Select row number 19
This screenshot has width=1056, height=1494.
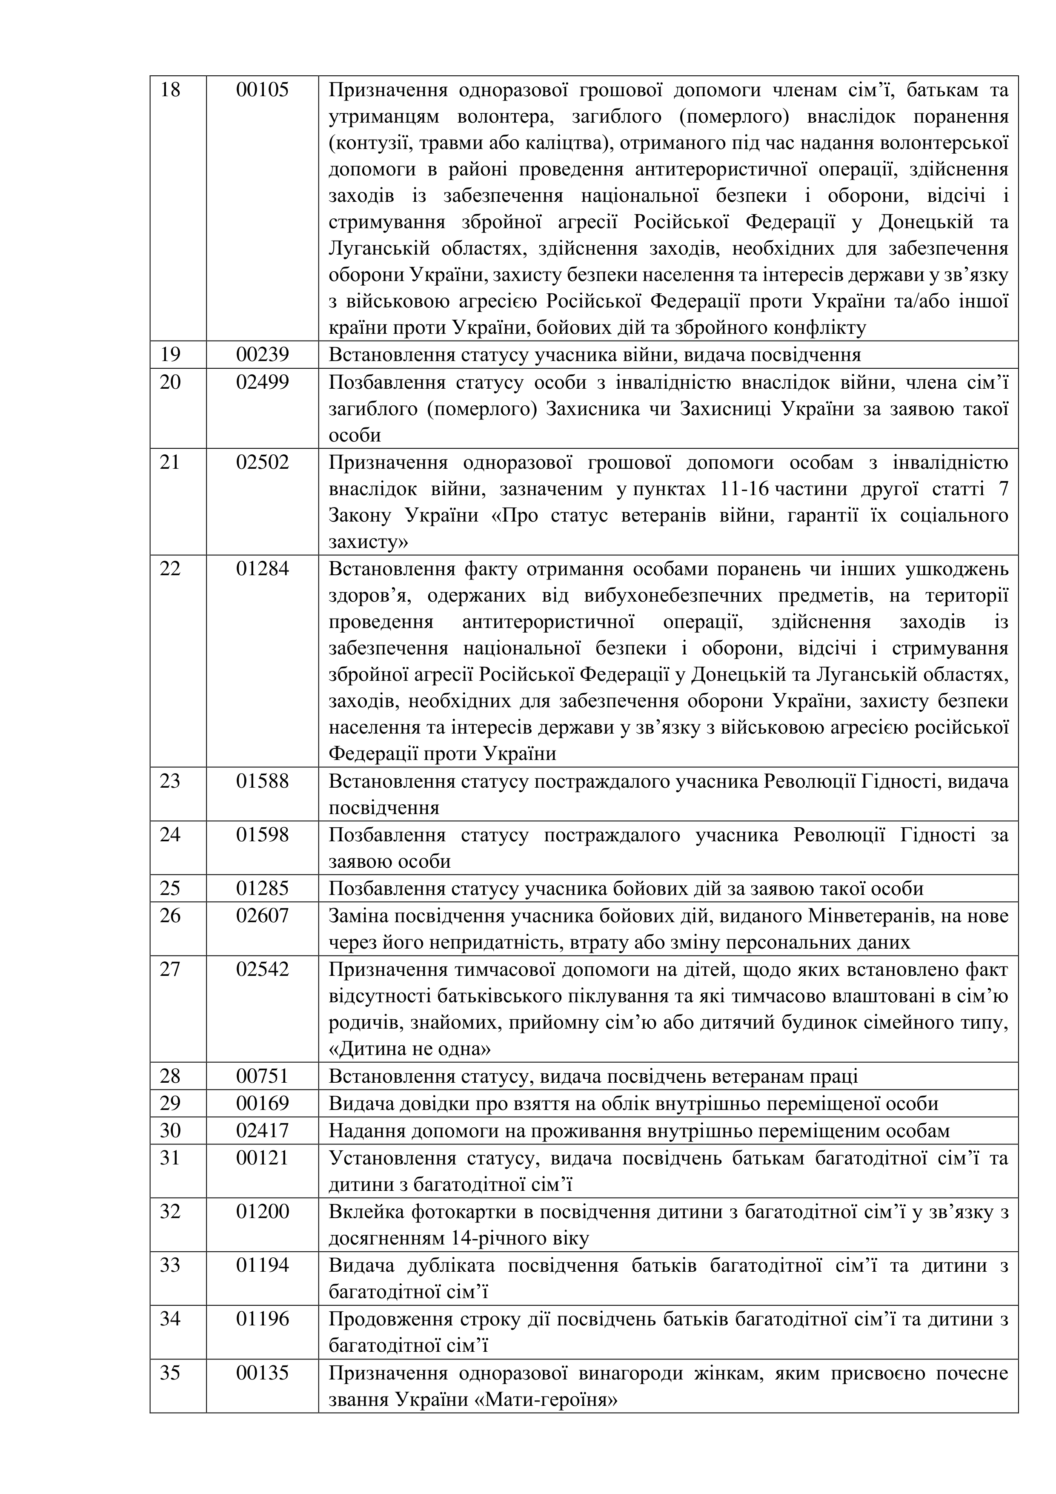pos(171,355)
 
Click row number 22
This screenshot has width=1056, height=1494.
pos(171,569)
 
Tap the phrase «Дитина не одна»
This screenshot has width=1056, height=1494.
pos(410,1050)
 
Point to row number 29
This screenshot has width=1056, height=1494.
pos(171,1104)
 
